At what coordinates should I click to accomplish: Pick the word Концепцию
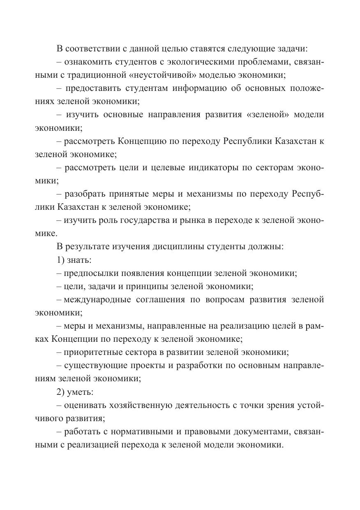point(142,141)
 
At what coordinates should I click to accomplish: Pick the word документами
point(259,431)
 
